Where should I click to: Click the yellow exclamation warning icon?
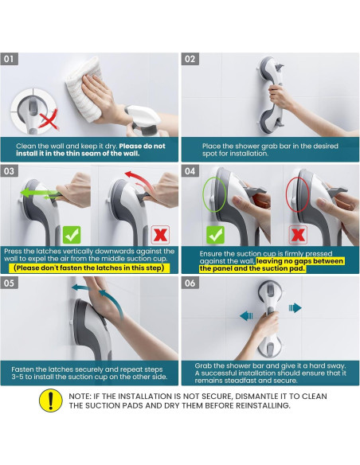tap(50, 401)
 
